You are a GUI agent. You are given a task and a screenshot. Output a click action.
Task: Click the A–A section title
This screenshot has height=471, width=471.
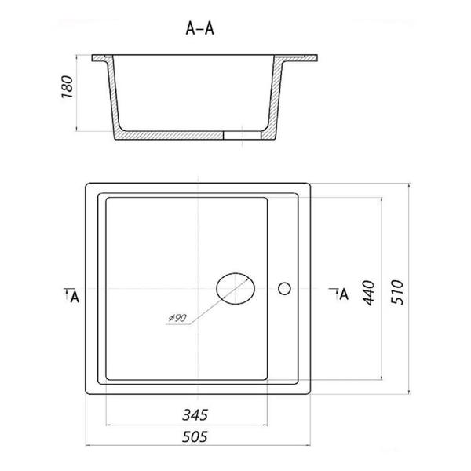click(x=199, y=28)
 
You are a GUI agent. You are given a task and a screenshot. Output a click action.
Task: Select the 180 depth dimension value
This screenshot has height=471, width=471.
click(x=68, y=87)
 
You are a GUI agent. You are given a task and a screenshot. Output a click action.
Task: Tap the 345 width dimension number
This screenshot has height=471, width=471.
click(x=195, y=414)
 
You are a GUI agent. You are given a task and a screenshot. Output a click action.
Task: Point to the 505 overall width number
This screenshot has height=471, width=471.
click(x=195, y=436)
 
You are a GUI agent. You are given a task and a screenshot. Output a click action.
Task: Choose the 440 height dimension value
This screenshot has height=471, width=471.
click(x=369, y=293)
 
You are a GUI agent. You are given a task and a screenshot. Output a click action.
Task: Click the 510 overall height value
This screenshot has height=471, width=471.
click(x=397, y=292)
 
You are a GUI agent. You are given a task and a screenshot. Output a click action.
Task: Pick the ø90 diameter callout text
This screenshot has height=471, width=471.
click(x=177, y=318)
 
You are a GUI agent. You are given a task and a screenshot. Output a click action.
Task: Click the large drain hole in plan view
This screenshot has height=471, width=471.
click(x=235, y=288)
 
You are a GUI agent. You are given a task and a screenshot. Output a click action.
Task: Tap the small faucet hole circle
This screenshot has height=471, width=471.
click(x=284, y=289)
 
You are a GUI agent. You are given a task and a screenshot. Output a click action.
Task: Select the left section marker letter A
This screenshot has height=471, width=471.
click(x=75, y=298)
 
